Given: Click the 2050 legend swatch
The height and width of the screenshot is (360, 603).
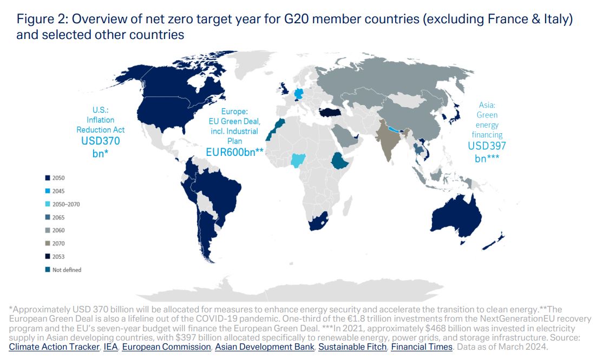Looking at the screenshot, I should [x=48, y=178].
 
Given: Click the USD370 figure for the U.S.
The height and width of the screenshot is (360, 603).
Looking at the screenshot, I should [x=101, y=141].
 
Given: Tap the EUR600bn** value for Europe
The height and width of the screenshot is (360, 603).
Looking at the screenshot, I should [x=234, y=152].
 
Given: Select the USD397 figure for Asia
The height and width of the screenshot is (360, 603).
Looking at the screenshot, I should [x=487, y=146].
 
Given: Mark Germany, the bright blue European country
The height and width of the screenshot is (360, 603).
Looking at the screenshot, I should [x=298, y=95].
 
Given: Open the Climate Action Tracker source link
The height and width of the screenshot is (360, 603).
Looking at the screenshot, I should [x=54, y=347].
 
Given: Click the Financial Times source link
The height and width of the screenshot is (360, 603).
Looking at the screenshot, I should [x=422, y=347].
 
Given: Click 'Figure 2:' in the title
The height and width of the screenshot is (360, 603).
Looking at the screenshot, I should [x=42, y=19].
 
